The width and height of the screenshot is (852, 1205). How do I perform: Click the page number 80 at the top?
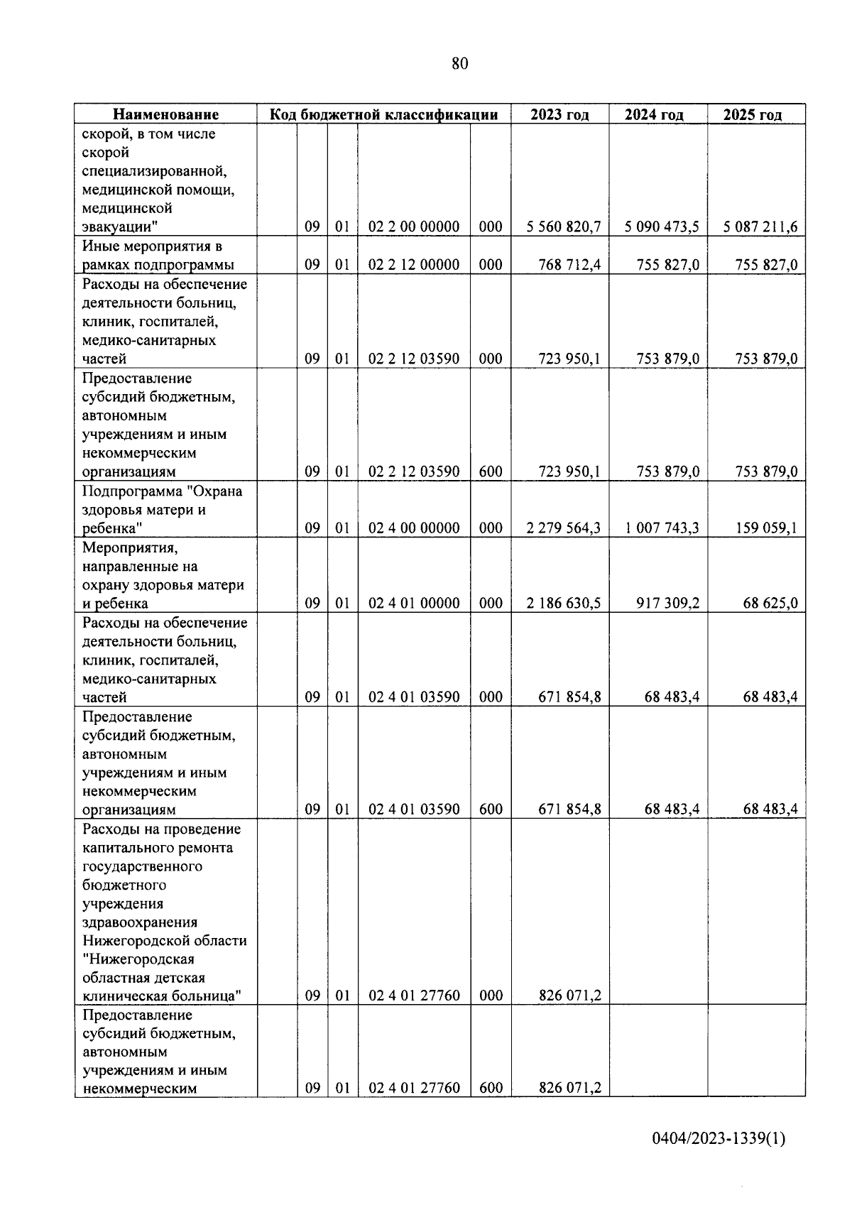(459, 64)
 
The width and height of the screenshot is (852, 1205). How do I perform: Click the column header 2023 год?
(559, 115)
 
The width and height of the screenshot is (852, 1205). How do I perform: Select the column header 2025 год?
(753, 115)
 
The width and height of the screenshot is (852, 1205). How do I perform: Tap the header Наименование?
(166, 115)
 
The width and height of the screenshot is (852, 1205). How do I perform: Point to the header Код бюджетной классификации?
(383, 115)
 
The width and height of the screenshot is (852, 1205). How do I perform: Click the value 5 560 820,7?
(564, 227)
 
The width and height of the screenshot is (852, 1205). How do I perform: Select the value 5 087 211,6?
(760, 227)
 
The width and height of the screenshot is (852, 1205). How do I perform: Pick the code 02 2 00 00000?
(414, 227)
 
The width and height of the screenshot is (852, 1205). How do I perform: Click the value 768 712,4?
(569, 265)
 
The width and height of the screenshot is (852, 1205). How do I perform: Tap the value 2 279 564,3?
(564, 528)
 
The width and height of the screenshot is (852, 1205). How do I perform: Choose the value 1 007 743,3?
(662, 528)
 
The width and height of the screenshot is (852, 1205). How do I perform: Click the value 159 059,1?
(766, 528)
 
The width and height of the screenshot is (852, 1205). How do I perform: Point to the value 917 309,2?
(667, 604)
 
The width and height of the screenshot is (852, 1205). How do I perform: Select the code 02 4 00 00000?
(414, 528)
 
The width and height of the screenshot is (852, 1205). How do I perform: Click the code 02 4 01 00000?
(414, 604)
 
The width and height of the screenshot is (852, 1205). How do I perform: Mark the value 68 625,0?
(770, 604)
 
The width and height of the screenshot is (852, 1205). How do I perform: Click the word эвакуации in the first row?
(116, 227)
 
